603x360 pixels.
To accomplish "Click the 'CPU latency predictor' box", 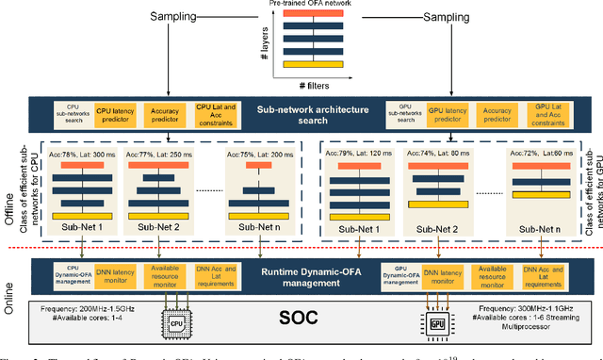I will (117, 112).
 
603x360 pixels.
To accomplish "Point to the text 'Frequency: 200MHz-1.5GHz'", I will (90, 305).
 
